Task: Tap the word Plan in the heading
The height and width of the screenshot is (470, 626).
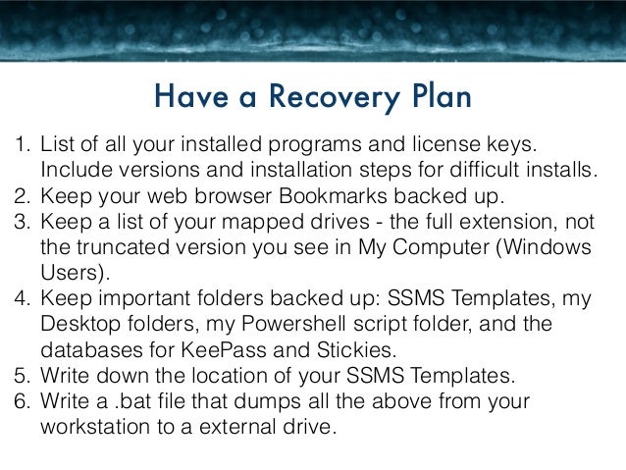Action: click(x=432, y=98)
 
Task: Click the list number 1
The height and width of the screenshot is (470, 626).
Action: click(x=20, y=145)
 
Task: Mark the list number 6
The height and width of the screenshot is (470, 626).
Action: click(x=20, y=403)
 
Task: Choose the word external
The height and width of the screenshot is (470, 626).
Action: click(x=271, y=427)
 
